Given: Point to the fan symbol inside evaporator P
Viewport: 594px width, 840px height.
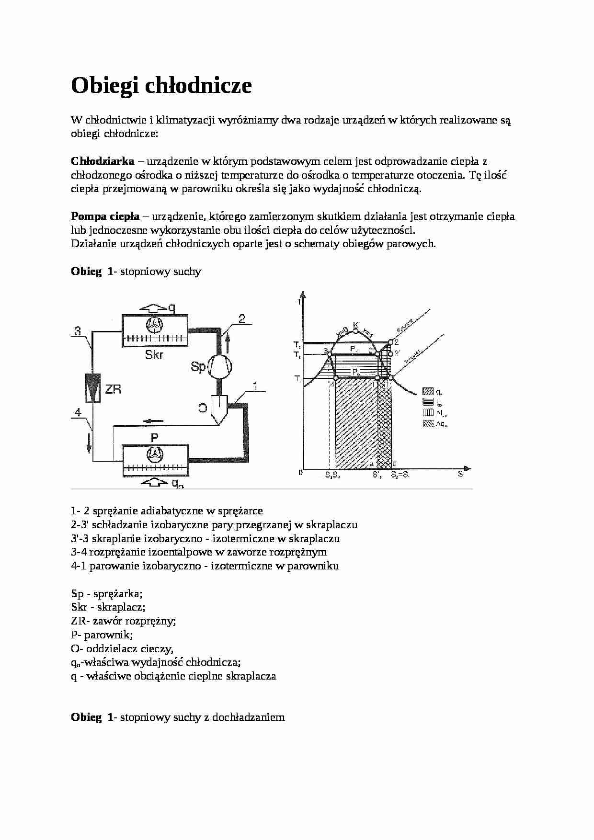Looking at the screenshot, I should (155, 454).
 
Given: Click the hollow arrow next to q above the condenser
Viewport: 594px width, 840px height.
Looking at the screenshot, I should (152, 308).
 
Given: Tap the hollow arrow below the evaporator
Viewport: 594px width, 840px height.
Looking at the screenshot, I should (153, 482).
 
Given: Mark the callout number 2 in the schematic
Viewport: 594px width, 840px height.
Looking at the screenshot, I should (242, 318).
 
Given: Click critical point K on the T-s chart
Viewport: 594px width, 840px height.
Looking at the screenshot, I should (355, 325).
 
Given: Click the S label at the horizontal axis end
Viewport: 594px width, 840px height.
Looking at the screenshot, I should (460, 474).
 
